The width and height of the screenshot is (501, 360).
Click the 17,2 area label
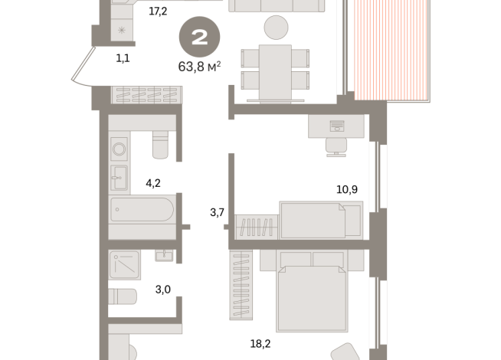158,11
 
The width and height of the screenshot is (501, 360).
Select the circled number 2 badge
199,38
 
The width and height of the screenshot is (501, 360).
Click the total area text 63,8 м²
199,66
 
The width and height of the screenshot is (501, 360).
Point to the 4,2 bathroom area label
152,183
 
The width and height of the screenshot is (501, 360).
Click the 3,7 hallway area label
217,212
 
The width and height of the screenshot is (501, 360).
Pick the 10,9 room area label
348,188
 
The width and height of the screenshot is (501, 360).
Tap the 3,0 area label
163,289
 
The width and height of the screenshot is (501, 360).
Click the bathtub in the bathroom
142,209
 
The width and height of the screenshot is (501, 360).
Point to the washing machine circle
119,147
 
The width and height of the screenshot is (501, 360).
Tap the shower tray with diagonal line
123,264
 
